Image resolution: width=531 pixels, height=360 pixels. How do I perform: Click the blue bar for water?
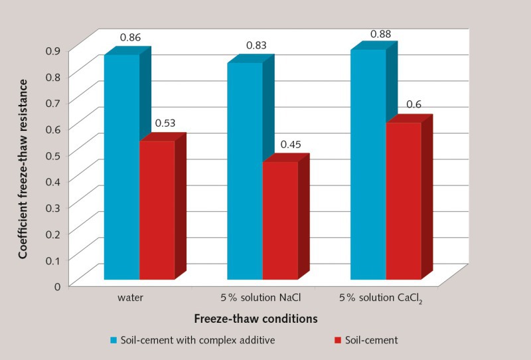(121, 166)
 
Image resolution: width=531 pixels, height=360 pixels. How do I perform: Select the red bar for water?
(157, 209)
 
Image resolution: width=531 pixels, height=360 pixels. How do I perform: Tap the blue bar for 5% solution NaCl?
(245, 171)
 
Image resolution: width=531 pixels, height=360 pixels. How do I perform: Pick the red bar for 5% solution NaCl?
(280, 220)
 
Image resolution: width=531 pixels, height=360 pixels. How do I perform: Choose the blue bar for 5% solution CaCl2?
(368, 164)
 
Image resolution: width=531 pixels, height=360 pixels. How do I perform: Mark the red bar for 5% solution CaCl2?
(404, 200)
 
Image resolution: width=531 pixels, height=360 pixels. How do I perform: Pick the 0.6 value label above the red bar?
(413, 104)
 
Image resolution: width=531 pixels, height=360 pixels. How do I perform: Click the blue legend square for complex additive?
(114, 341)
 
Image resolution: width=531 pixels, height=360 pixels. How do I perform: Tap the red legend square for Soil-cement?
(337, 341)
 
